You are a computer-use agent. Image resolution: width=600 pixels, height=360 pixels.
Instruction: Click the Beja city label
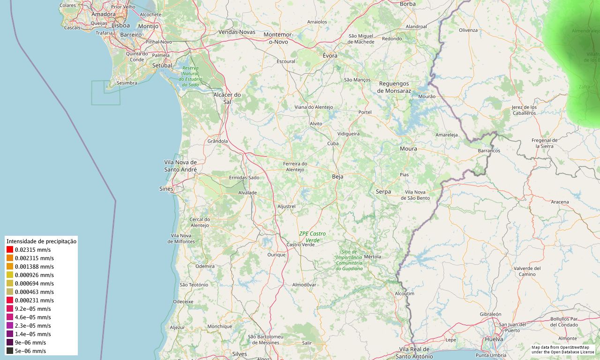coord(337,177)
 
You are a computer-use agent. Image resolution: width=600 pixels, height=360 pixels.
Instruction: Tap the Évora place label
coord(330,55)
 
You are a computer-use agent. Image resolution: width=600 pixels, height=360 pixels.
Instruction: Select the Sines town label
coord(166,189)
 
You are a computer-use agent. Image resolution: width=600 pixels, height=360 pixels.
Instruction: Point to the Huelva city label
coord(495,339)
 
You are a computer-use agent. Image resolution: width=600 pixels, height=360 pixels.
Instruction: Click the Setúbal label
coord(162,66)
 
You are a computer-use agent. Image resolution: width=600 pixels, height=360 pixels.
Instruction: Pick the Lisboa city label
coord(120,25)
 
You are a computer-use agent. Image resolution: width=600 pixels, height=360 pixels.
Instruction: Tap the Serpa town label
coord(383,192)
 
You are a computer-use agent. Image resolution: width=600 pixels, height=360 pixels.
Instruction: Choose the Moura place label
coord(408,149)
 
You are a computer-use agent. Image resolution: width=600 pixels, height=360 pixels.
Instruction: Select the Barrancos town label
coord(489,151)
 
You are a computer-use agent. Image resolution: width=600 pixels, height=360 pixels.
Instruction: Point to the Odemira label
coord(205,266)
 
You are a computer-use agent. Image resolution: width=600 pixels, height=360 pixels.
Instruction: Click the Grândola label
coord(217,141)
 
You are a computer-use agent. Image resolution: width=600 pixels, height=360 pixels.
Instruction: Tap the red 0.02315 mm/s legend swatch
coord(10,250)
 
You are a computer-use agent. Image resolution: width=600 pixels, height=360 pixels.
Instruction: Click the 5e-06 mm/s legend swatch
coord(10,351)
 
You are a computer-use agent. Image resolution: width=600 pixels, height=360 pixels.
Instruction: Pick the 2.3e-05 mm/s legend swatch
coord(10,326)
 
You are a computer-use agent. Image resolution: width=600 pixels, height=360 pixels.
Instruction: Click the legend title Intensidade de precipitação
coord(41,241)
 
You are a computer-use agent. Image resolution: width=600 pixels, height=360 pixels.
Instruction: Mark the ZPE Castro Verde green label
coord(312,237)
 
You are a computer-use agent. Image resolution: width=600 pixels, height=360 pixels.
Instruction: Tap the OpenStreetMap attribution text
coord(562,349)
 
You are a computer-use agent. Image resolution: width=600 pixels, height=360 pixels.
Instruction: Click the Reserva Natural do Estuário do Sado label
coord(190,76)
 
